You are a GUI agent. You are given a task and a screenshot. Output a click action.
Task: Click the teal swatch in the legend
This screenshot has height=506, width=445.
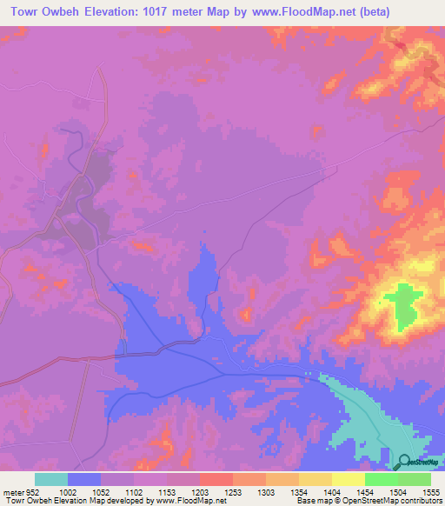(x=51, y=479)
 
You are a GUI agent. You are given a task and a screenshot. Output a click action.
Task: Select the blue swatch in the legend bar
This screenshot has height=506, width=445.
(x=84, y=479)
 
